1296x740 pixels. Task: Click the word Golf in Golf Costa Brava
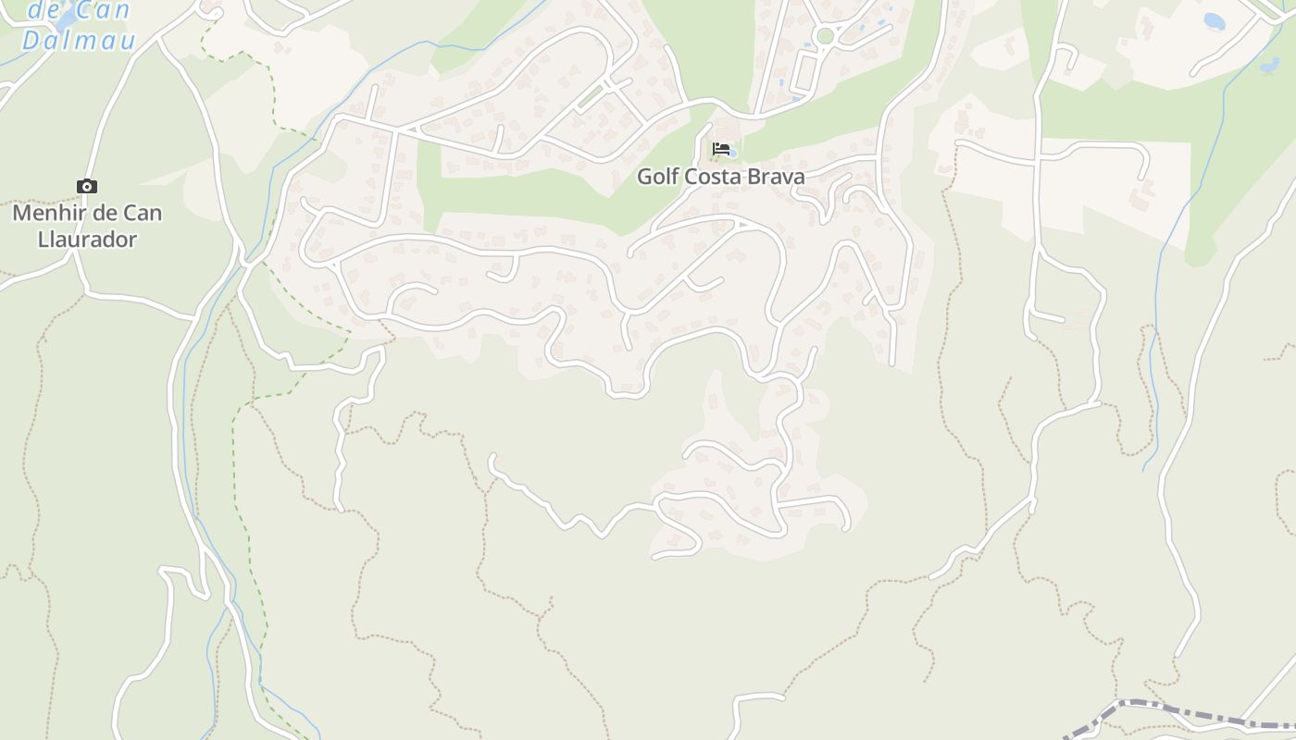[x=658, y=177]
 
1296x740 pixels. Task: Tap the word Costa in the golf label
[x=720, y=177]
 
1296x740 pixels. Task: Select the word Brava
[x=779, y=177]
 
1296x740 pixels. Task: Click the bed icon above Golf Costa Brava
[x=720, y=148]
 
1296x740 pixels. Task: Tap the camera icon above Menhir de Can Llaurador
[x=86, y=187]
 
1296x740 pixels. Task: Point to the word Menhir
[x=46, y=213]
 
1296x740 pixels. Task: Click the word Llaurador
[x=87, y=240]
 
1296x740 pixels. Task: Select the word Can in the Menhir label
[x=142, y=213]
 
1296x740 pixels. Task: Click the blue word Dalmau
[x=79, y=40]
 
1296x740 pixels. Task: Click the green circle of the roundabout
[x=825, y=36]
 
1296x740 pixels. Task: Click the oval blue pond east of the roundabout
[x=1214, y=20]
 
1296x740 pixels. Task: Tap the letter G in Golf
[x=645, y=177]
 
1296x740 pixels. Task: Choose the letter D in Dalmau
[x=31, y=40]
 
